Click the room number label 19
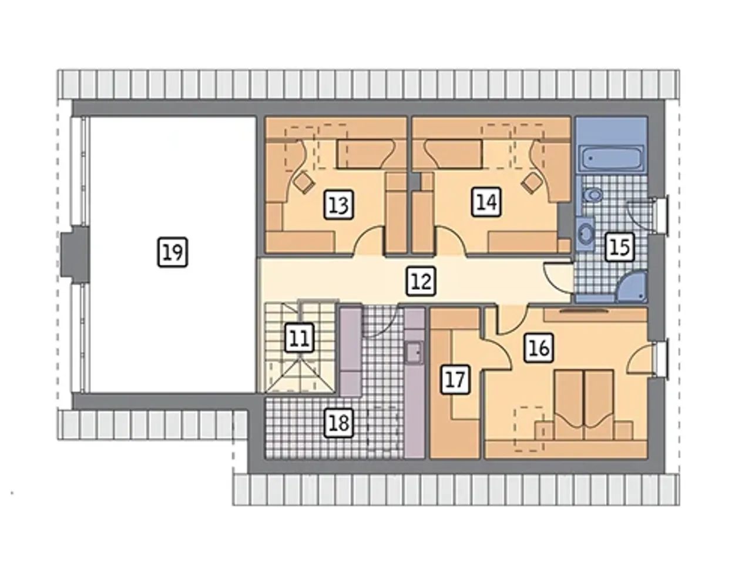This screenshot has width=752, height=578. [172, 252]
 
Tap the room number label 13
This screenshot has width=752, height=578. [338, 205]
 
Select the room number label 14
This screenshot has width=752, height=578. [486, 202]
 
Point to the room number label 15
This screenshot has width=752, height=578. [619, 247]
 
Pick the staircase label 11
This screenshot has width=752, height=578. [300, 338]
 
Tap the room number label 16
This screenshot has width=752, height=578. [539, 348]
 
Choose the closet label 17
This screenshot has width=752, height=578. [455, 380]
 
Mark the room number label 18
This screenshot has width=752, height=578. [339, 423]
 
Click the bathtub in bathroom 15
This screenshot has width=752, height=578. [612, 158]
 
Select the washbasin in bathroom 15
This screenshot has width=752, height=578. [586, 232]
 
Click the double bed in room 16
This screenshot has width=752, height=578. [584, 404]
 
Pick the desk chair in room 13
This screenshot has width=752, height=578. [304, 182]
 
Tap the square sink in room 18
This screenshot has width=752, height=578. [414, 353]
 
